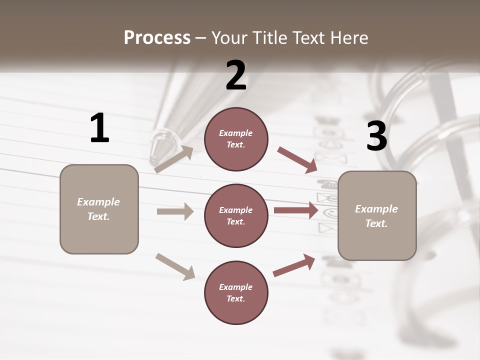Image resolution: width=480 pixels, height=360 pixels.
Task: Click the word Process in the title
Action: click(157, 38)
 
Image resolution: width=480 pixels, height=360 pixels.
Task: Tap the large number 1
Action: click(99, 128)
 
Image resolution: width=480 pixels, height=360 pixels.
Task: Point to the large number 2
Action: click(236, 75)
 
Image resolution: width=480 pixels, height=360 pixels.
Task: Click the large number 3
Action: click(376, 136)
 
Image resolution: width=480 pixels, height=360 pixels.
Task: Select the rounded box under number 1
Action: click(99, 209)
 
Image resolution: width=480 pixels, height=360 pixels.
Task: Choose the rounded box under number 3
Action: click(377, 215)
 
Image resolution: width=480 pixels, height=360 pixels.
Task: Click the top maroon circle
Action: click(236, 139)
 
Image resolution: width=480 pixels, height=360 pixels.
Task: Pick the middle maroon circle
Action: click(236, 215)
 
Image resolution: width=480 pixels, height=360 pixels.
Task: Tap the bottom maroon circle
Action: click(236, 292)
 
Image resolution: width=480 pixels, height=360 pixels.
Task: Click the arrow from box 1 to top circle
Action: click(174, 159)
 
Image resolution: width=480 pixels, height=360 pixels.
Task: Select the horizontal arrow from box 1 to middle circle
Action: click(175, 211)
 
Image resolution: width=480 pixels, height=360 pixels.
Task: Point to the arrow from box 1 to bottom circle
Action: click(175, 266)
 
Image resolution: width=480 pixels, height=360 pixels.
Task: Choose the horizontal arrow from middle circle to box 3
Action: click(296, 210)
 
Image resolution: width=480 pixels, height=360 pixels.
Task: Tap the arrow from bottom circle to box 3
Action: click(294, 265)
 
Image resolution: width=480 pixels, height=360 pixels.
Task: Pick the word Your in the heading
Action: click(229, 38)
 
